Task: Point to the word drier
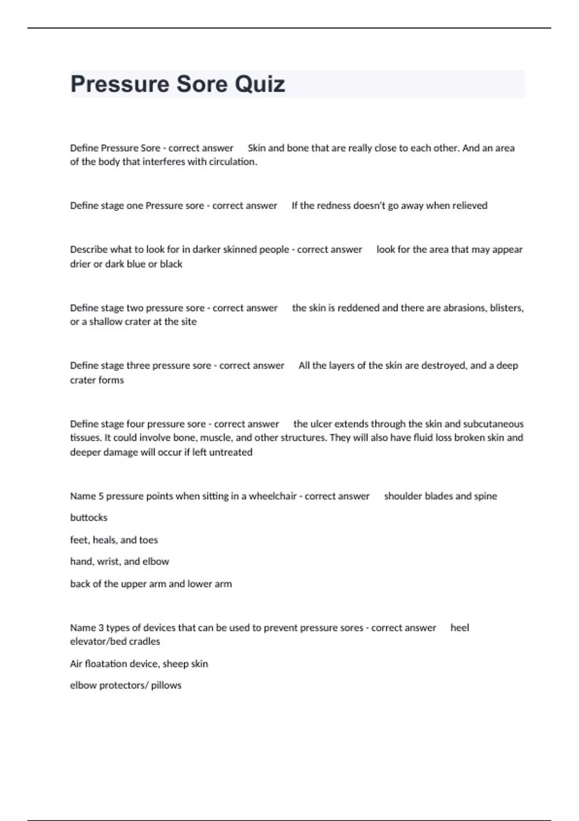80,264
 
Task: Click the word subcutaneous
493,424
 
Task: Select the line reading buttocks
89,518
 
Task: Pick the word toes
148,540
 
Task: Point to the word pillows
166,686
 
